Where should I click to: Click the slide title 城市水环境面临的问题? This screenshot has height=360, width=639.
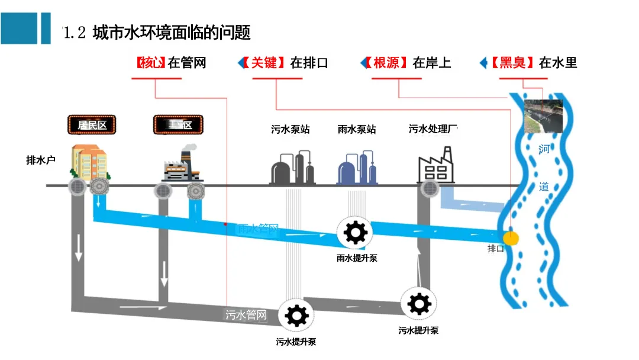[172, 31]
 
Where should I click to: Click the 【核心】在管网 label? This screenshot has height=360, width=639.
[171, 62]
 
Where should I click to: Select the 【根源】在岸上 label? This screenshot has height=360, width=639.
[408, 62]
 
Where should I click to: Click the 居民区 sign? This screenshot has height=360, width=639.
[92, 125]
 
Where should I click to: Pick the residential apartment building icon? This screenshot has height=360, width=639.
[89, 160]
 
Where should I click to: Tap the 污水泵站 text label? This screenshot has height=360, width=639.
[291, 129]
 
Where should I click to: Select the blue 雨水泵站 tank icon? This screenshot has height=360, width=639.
[357, 168]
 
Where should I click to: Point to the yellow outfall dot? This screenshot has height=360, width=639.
[511, 238]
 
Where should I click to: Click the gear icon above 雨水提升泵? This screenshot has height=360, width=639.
[355, 232]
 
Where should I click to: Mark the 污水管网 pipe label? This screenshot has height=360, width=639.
[246, 315]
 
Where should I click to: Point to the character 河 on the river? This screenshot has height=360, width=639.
[544, 149]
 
